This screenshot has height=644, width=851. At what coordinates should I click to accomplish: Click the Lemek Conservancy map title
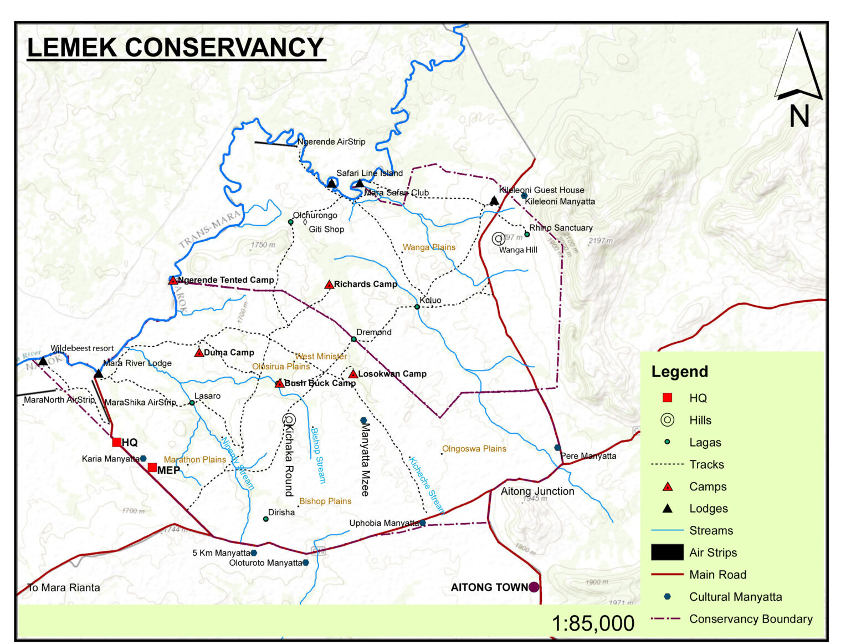pos(176,47)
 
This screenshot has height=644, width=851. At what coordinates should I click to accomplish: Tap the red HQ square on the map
pos(116,442)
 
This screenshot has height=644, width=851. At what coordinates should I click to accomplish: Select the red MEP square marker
pos(152,468)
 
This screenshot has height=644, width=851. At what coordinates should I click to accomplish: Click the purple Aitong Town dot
pos(534,587)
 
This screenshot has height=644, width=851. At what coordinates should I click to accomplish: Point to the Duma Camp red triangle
pos(199,353)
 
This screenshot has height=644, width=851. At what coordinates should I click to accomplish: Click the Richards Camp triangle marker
pos(329,285)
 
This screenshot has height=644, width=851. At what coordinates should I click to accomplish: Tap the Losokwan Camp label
pos(392,374)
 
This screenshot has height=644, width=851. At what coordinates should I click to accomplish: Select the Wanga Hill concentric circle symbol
pos(498,239)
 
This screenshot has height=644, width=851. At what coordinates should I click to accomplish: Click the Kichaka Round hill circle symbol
pos(289,419)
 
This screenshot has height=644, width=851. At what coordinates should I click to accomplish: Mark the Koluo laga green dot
pos(417,307)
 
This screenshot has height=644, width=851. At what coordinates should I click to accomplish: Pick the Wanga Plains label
pos(429,247)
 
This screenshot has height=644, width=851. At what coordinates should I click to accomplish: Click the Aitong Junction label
pos(537,491)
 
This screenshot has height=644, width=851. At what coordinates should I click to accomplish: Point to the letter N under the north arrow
pos(799,117)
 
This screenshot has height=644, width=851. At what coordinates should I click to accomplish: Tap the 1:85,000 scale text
pos(593,623)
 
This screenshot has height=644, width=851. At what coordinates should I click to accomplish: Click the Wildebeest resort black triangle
pos(43,361)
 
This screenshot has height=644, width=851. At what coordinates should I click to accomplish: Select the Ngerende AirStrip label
pos(331,141)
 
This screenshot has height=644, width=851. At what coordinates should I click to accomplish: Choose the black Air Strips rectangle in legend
pos(667,552)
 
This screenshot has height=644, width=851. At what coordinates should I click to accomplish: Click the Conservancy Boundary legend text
pos(751,618)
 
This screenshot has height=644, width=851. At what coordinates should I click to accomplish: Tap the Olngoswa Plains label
pos(474,449)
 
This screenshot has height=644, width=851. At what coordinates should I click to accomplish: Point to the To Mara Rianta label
pos(64,587)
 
